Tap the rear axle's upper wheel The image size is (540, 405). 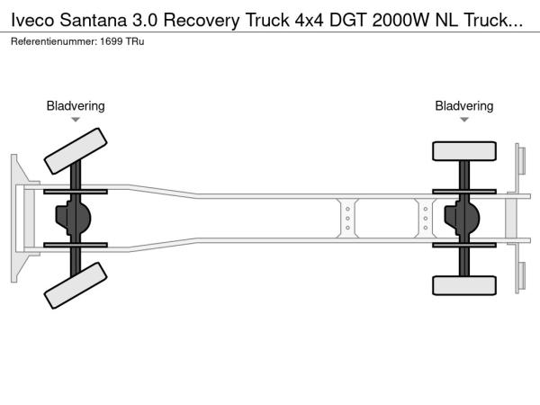click(x=464, y=151)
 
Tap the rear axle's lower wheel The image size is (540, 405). click(x=464, y=285)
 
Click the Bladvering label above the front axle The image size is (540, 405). click(x=76, y=106)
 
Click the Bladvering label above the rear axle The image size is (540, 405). click(x=464, y=106)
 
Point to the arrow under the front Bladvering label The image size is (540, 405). click(x=76, y=120)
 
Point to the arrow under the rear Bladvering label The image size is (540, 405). click(x=464, y=120)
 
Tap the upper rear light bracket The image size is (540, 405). click(x=519, y=160)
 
